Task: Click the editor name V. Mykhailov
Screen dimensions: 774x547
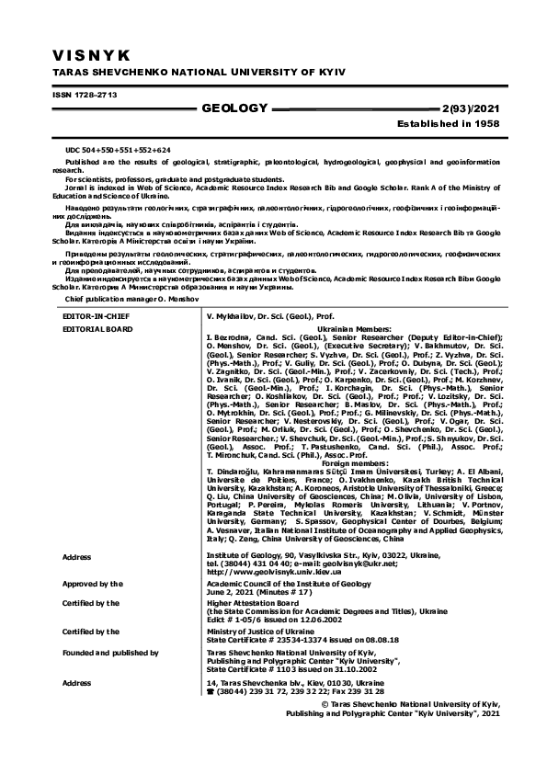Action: [238, 314]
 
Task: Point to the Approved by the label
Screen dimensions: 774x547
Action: [92, 584]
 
